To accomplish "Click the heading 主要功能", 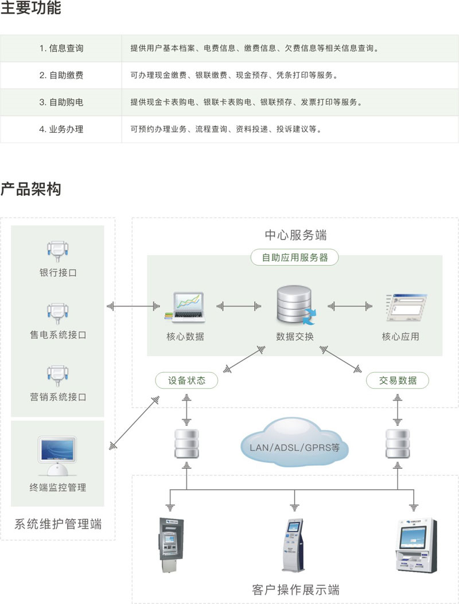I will [30, 9].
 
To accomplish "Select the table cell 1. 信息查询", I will [61, 49].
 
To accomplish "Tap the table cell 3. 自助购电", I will [61, 102].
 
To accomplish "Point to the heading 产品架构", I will [30, 189].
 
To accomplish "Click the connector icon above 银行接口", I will [58, 250].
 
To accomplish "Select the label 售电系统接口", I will [58, 335].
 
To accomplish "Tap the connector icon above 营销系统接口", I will [58, 374].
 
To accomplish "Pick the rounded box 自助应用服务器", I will [295, 258].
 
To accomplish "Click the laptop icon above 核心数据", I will [185, 307].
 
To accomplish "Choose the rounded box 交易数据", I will [398, 380].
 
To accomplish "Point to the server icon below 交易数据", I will [398, 442].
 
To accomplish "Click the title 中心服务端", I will [295, 235].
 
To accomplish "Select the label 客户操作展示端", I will [295, 590].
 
